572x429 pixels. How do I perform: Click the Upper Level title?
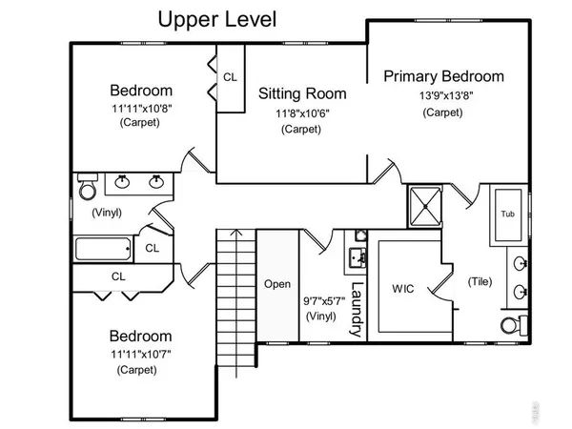(217, 20)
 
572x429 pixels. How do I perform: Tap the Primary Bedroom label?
(443, 77)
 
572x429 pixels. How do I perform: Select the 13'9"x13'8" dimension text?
(443, 95)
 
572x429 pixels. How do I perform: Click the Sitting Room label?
(302, 94)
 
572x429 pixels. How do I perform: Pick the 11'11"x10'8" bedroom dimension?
(140, 109)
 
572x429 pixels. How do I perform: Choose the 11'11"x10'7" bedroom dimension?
(140, 353)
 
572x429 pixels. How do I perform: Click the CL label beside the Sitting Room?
(231, 76)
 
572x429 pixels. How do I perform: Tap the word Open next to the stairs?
(276, 284)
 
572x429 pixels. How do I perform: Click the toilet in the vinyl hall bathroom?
(87, 189)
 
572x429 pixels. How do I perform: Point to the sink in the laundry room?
(358, 257)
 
